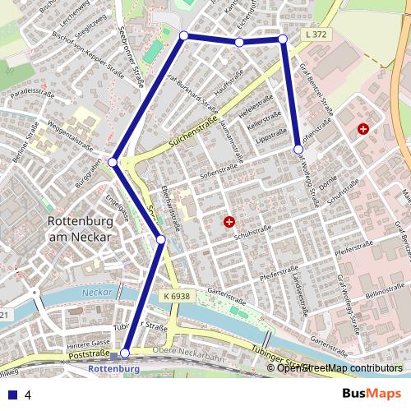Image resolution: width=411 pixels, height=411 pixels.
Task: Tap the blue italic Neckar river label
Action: [x=97, y=292]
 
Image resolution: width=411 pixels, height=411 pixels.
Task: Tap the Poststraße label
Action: [x=89, y=354]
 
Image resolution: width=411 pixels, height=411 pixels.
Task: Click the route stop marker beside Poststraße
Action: [x=125, y=353]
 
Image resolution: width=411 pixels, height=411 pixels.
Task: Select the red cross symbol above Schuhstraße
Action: [x=229, y=222]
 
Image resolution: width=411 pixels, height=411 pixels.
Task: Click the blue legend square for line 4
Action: [x=12, y=395]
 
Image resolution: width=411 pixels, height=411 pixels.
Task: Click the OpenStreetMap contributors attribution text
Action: [x=339, y=367]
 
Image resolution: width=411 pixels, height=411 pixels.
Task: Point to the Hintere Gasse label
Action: [x=90, y=342]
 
